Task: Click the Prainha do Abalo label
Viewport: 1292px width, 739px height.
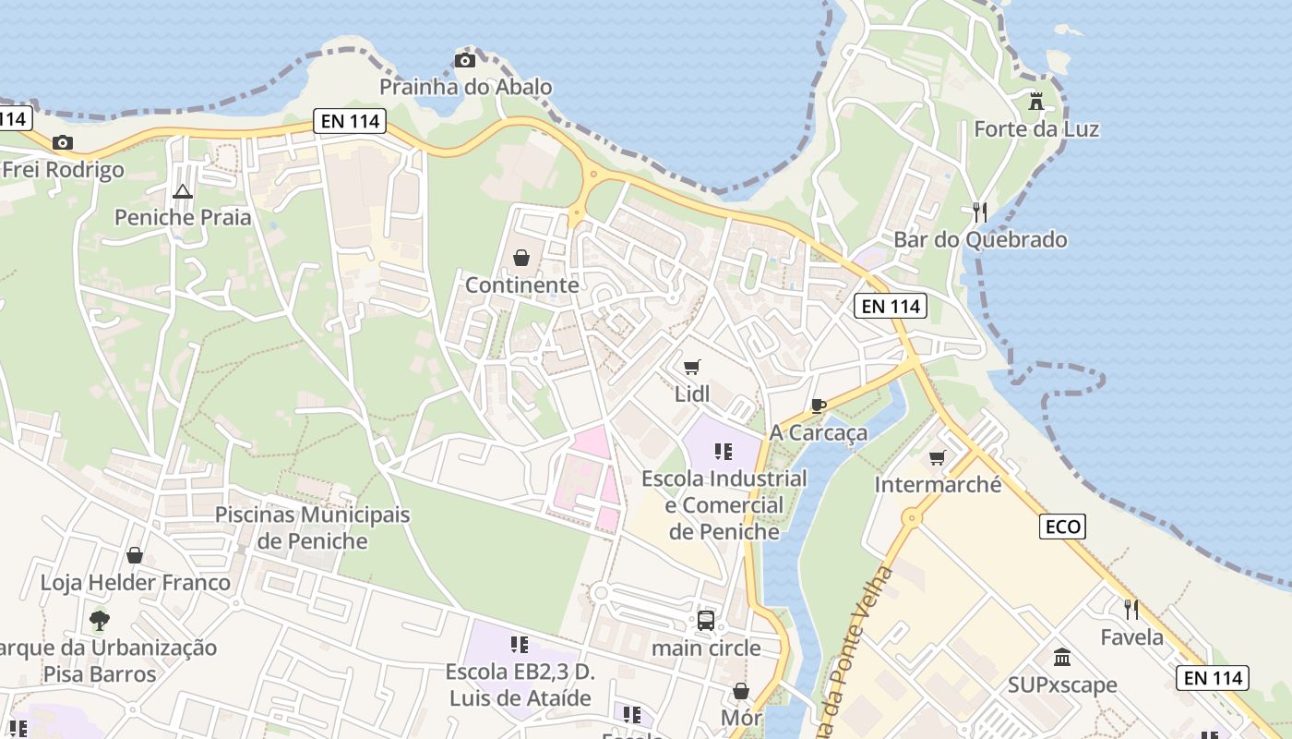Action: (466, 87)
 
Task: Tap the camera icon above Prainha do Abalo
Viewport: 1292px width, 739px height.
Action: (465, 61)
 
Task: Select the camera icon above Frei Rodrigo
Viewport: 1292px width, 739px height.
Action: (63, 142)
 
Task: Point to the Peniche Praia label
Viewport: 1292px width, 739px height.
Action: (183, 217)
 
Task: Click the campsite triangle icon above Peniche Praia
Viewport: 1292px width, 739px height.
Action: (182, 192)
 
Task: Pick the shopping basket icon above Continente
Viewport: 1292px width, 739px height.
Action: (521, 258)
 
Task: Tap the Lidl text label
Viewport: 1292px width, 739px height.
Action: (692, 394)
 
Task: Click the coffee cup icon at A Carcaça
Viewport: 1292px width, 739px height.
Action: (818, 406)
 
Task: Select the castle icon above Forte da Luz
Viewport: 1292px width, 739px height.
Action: (1036, 101)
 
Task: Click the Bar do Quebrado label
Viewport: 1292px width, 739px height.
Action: (980, 239)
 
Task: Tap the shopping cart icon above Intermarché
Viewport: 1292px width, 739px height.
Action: (938, 457)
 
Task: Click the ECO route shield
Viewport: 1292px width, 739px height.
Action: (1062, 527)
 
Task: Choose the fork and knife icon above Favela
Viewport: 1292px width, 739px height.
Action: (1131, 610)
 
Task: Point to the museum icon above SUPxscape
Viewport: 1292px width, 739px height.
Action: (1062, 658)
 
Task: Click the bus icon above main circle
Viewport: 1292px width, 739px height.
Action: (706, 621)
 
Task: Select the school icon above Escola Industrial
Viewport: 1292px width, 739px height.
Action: (724, 452)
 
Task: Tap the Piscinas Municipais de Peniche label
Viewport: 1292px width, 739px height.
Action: (312, 527)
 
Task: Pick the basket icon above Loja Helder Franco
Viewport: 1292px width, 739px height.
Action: (135, 555)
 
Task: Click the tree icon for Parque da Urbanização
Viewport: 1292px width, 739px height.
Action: (100, 620)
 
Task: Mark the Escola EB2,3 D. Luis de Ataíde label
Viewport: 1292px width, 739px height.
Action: (520, 684)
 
